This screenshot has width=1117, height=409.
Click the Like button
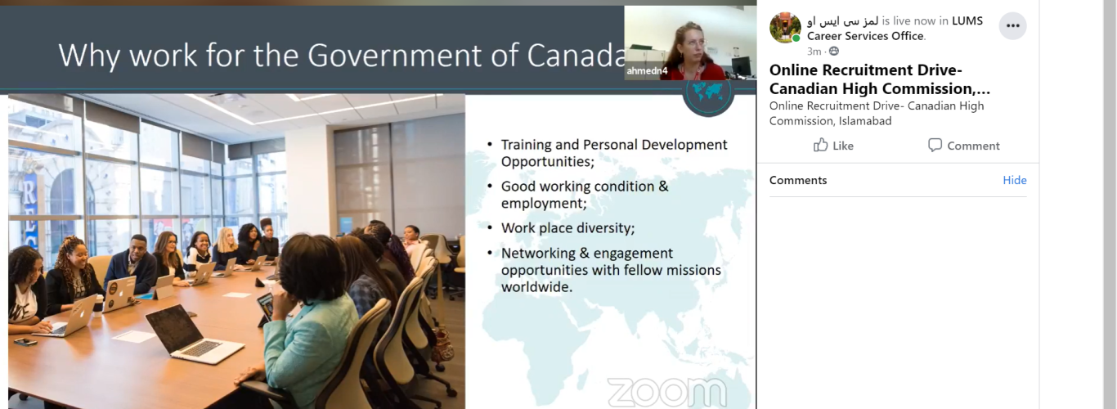pos(833,146)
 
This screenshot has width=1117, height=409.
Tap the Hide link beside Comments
pos(1014,180)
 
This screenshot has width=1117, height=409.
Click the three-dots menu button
pos(1012,26)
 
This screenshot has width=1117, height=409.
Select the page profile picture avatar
pos(785,28)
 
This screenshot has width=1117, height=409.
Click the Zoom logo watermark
pos(666,392)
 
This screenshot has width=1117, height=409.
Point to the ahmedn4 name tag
pos(647,71)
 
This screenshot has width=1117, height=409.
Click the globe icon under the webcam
pos(707,96)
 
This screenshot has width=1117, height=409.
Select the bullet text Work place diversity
pos(567,227)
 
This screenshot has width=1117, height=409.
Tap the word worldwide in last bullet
pos(536,287)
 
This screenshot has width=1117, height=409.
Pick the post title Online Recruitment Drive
pos(866,70)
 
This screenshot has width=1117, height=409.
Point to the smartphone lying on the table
pos(25,341)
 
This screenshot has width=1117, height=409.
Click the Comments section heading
pos(798,180)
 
